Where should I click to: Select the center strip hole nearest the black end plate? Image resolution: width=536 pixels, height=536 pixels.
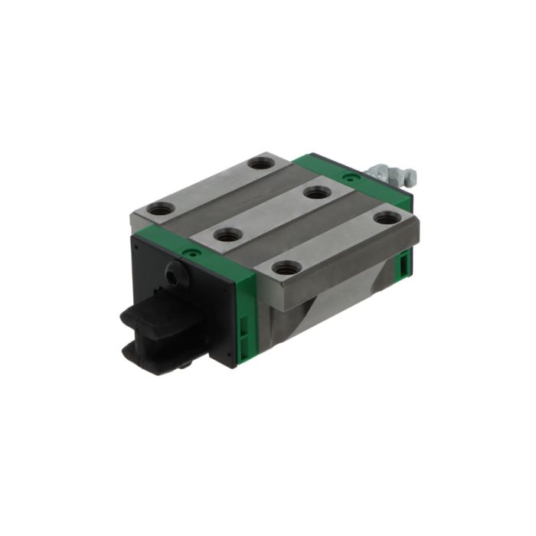(227, 234)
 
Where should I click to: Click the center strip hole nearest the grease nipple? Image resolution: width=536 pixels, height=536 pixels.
(315, 192)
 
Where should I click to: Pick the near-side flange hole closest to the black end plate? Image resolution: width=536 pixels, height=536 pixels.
(287, 267)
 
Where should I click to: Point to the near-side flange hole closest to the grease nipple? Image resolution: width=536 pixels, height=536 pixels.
(388, 218)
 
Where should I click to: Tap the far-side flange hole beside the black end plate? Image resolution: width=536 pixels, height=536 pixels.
(162, 208)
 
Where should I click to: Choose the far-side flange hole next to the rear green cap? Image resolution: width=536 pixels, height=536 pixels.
(262, 162)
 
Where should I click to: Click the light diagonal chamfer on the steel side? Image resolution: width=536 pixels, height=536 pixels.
(322, 314)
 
